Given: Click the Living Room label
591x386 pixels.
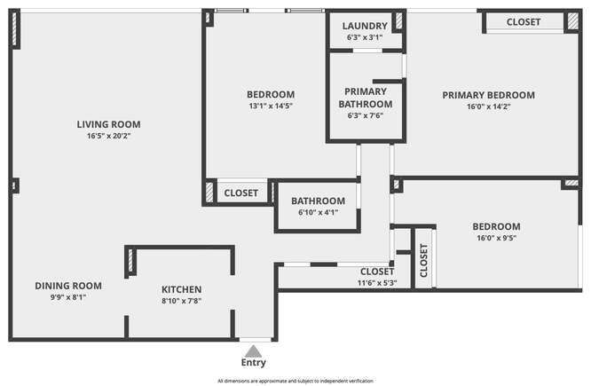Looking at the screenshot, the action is click(x=108, y=124).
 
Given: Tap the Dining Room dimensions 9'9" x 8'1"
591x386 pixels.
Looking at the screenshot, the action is click(x=68, y=297).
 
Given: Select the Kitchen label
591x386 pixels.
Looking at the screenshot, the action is click(x=182, y=289).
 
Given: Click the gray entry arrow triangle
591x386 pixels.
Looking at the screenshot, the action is click(x=253, y=351).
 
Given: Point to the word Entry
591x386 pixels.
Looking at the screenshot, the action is click(x=253, y=363).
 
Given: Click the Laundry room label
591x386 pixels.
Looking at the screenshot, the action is click(x=365, y=26).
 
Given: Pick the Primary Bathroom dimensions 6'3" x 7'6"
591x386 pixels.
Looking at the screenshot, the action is click(x=366, y=115).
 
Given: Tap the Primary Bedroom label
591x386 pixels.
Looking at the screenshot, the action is click(x=488, y=95).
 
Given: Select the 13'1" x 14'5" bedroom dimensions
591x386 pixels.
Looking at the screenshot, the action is click(x=271, y=106).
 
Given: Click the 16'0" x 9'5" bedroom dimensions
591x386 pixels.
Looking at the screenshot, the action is click(x=496, y=238).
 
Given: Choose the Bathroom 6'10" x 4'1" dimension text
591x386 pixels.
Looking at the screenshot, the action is click(x=318, y=213).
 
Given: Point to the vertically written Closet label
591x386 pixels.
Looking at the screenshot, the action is click(x=423, y=261).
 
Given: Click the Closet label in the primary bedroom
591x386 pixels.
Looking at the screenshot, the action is click(x=524, y=22).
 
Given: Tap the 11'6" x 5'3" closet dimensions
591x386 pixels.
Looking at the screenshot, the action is click(x=377, y=283).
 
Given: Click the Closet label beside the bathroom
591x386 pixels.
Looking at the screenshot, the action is click(x=240, y=193).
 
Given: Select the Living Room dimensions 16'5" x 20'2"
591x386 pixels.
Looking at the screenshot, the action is click(x=108, y=136).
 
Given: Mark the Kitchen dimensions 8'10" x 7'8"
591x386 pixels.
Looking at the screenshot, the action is click(x=182, y=301).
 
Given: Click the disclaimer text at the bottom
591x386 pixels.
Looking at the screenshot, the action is click(x=295, y=381).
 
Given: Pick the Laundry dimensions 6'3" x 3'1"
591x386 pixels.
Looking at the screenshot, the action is click(x=365, y=37).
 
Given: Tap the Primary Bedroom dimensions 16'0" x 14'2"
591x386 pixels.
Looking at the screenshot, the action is click(x=488, y=106).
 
